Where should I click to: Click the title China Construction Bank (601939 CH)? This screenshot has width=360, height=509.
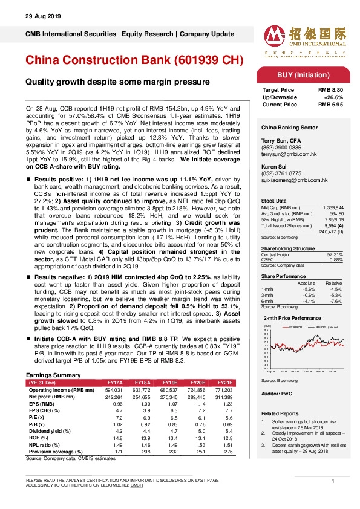tap(134, 61)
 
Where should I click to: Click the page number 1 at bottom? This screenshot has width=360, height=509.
tap(333, 481)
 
